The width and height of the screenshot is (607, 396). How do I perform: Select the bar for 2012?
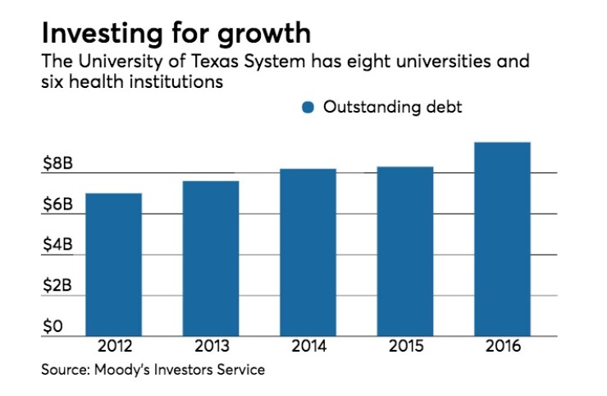click(113, 265)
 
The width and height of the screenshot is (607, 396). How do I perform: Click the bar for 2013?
click(211, 259)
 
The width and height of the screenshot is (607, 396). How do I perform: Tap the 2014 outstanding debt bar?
click(308, 252)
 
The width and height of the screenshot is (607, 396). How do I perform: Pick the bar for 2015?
click(405, 251)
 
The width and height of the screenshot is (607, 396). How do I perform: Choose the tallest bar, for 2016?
click(502, 239)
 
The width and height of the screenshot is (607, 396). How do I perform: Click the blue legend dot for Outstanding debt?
click(308, 108)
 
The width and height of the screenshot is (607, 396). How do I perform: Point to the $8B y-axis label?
click(57, 163)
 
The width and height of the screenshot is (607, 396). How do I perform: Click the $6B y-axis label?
click(57, 204)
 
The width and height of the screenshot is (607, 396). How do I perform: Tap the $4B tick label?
click(57, 245)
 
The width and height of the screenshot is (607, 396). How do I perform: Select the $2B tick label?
click(57, 286)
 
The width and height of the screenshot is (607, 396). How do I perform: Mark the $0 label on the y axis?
click(52, 326)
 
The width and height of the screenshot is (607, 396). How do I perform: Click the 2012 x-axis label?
click(113, 347)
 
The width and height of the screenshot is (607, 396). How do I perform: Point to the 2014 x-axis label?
click(308, 347)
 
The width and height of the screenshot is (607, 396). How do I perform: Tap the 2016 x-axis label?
click(502, 347)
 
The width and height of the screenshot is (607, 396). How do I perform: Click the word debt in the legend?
click(443, 108)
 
